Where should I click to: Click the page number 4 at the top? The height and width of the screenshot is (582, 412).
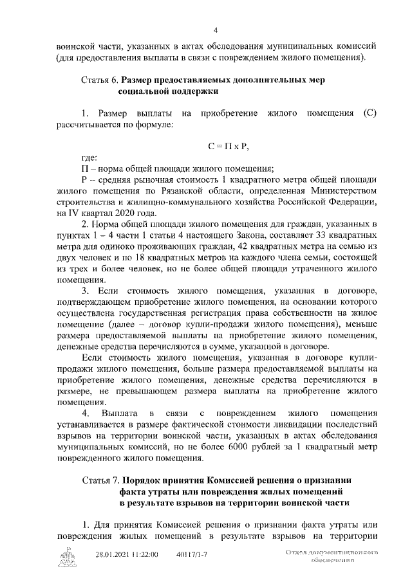coord(216,30)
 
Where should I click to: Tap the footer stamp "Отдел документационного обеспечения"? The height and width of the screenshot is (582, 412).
coord(332,556)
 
